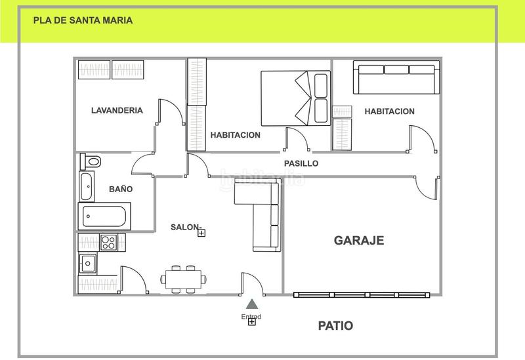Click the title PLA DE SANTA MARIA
coord(83,20)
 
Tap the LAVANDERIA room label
coord(117,110)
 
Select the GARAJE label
coord(359,240)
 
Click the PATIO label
coord(335,325)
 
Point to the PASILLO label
coord(301,163)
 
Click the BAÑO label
coord(121,189)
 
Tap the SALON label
coord(185,227)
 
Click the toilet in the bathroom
coord(91,161)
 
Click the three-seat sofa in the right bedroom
coord(396,79)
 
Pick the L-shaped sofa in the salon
coord(261,216)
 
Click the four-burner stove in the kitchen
coord(108,242)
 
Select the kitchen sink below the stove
coord(88,264)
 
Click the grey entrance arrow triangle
coord(251,304)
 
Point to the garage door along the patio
coord(360,294)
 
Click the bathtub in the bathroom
coord(104,216)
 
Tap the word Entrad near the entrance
coord(251,317)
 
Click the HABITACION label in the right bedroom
coord(389,111)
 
